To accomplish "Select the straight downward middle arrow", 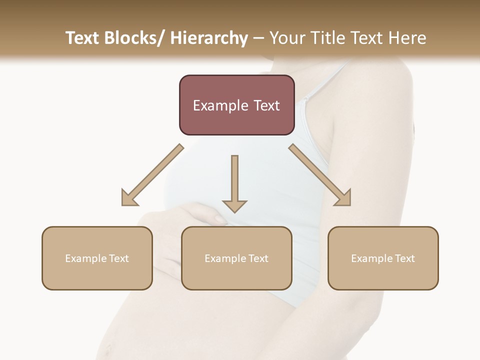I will (x=234, y=182).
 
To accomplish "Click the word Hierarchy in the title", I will (x=209, y=38).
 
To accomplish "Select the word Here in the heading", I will (x=405, y=38).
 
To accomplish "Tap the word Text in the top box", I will (x=266, y=105).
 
